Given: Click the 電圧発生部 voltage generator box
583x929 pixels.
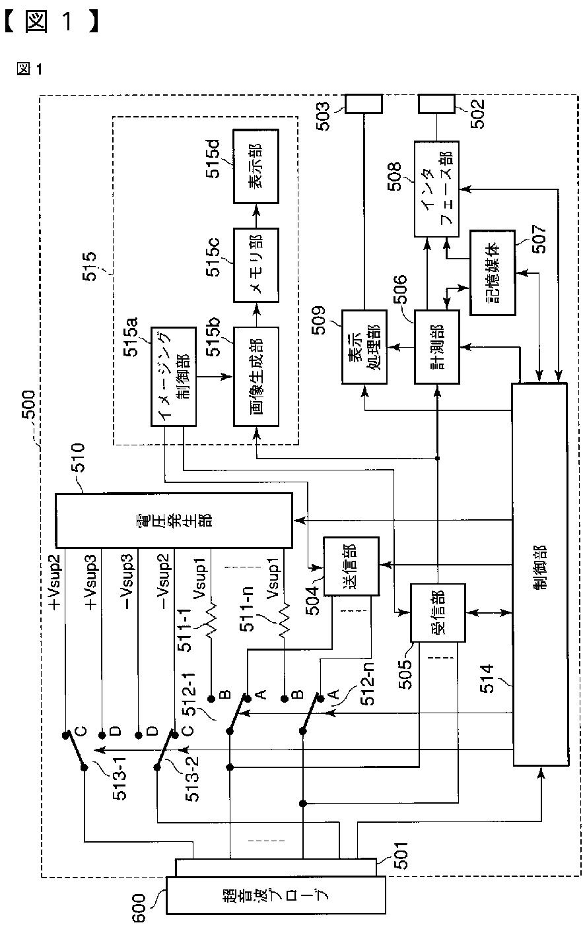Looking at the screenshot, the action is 174,520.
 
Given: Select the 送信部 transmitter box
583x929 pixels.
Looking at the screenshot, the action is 351,566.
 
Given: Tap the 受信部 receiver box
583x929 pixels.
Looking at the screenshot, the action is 438,613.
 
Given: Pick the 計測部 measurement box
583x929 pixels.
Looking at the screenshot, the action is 437,346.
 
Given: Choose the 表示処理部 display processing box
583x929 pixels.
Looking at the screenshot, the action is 364,346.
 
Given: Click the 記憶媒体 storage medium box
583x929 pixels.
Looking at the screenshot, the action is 493,272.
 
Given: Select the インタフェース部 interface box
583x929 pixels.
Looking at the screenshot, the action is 436,189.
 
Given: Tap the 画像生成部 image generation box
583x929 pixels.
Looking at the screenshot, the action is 256,377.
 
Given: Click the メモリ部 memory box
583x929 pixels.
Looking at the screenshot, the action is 256,265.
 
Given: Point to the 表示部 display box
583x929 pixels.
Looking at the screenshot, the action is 256,166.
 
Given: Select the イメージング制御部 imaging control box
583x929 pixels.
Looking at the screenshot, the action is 174,377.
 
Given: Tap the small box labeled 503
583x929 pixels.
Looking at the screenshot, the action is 364,104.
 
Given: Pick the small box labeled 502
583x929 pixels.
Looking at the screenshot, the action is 436,104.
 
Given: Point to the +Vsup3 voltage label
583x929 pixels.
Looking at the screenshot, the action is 91,583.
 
